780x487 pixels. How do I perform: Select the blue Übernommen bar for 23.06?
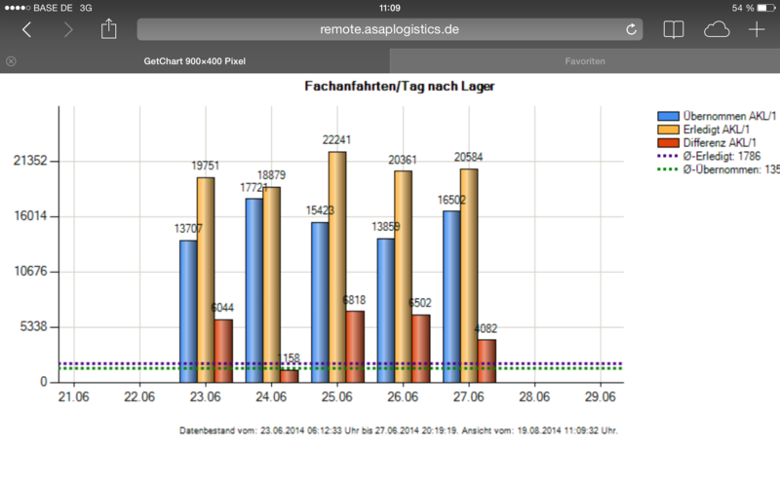point(188,311)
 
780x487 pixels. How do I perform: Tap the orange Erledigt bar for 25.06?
point(337,267)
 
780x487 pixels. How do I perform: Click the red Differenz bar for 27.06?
point(487,360)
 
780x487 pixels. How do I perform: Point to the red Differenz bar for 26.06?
point(420,348)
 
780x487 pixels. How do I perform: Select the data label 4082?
point(487,328)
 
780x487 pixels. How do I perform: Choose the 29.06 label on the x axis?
point(601,397)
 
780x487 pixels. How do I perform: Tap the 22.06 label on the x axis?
point(139,397)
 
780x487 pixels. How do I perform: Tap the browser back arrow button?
point(26,29)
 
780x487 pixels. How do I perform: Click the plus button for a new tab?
point(757,29)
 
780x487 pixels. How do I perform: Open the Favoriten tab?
point(585,61)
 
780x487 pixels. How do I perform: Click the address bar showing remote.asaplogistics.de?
point(389,29)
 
